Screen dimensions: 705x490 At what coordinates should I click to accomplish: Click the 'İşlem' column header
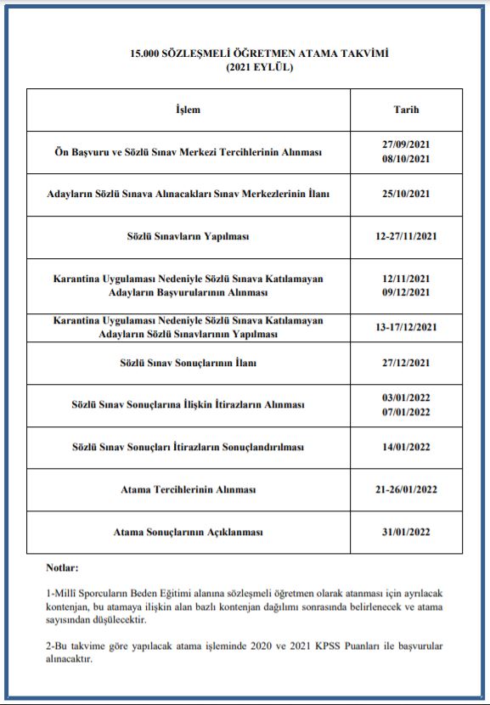click(x=188, y=110)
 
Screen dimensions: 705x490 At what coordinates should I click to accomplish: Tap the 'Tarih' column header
click(x=406, y=110)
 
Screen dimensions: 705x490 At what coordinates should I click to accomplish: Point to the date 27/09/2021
click(x=406, y=144)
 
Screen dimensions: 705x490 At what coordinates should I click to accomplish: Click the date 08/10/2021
click(x=406, y=159)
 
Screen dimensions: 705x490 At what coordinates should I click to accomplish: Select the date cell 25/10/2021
click(x=406, y=194)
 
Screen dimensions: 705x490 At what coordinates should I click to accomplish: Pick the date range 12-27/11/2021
click(x=406, y=236)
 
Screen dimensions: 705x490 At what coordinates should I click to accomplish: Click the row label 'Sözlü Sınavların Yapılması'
click(x=188, y=236)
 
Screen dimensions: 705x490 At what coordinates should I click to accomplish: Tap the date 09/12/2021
click(x=406, y=292)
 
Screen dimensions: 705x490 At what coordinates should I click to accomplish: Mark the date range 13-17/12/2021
click(x=406, y=327)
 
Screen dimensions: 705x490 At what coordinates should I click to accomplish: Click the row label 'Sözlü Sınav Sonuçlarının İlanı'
click(x=188, y=363)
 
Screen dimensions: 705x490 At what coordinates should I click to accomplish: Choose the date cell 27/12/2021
click(x=406, y=363)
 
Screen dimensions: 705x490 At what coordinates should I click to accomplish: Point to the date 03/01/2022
click(x=406, y=398)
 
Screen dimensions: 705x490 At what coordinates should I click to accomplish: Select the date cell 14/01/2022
click(x=406, y=447)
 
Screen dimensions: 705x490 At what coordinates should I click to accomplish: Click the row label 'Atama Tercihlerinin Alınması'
click(x=188, y=490)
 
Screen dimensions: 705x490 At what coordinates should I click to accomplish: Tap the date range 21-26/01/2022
click(x=406, y=490)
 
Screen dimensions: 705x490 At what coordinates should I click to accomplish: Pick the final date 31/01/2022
click(x=406, y=532)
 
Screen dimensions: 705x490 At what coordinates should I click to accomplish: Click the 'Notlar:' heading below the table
click(x=63, y=567)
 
